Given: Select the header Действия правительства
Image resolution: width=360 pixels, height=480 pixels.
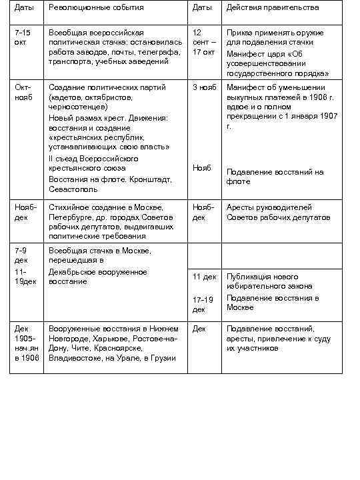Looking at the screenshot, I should click(272, 8).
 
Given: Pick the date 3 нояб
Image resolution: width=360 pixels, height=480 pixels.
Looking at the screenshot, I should click(204, 87).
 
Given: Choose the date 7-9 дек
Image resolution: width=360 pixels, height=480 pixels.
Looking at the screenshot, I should click(22, 255).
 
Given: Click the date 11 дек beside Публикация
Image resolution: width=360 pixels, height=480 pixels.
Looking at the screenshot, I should click(204, 277).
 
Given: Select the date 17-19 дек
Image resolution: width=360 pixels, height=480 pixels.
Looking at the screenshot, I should click(203, 304).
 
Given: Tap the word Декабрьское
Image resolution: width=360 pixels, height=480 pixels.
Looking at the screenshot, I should click(75, 271).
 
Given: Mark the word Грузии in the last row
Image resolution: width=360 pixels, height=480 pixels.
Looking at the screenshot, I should click(164, 358).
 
